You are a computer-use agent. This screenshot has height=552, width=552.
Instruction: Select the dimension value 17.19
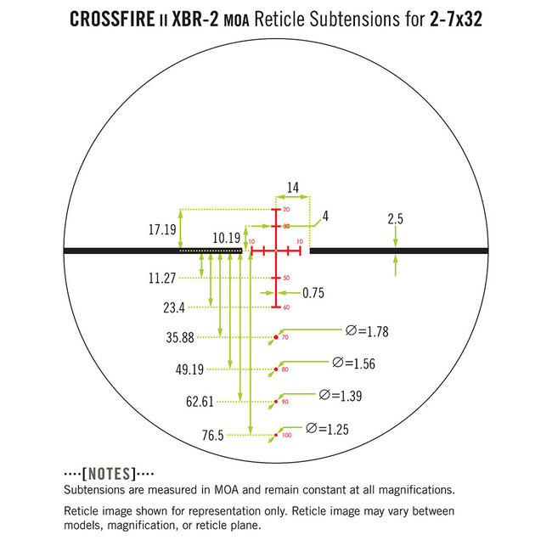point(161,229)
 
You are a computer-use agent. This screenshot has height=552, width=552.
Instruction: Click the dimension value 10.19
point(227,239)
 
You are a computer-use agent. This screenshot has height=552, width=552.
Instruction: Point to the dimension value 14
point(293,189)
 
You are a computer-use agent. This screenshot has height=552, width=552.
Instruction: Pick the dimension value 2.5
point(395,219)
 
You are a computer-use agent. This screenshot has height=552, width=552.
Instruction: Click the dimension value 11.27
point(161,277)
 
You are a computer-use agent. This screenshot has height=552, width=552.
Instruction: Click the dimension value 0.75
point(313,292)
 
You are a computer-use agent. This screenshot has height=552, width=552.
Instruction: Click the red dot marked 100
point(275,437)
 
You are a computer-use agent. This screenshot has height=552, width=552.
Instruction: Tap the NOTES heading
point(109,473)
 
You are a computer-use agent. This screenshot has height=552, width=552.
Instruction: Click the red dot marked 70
point(275,338)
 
